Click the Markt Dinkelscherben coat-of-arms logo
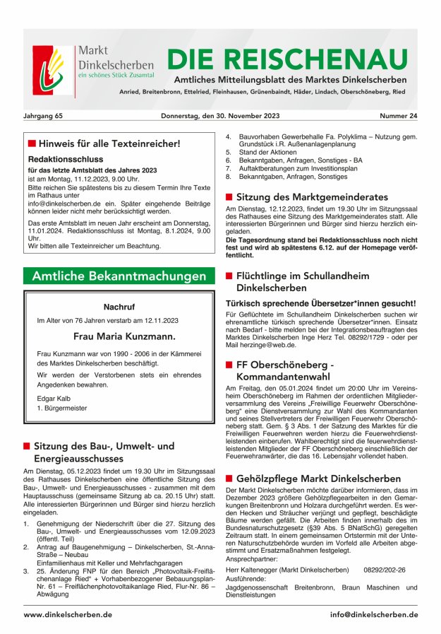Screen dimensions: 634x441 tap(53, 71)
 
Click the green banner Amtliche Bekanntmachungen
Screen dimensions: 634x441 tap(119, 276)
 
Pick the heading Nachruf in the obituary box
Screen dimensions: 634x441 tap(119, 307)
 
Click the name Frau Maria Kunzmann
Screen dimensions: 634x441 tap(119, 336)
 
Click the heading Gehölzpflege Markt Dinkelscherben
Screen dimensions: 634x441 tap(318, 479)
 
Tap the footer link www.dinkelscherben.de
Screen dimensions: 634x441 tap(68, 615)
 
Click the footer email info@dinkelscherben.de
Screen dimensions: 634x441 tap(373, 615)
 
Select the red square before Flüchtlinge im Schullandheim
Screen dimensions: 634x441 tap(229, 276)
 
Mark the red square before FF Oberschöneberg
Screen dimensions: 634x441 tap(229, 365)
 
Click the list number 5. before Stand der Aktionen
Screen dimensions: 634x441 tap(229, 152)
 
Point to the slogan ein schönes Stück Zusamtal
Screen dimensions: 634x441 tap(116, 74)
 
